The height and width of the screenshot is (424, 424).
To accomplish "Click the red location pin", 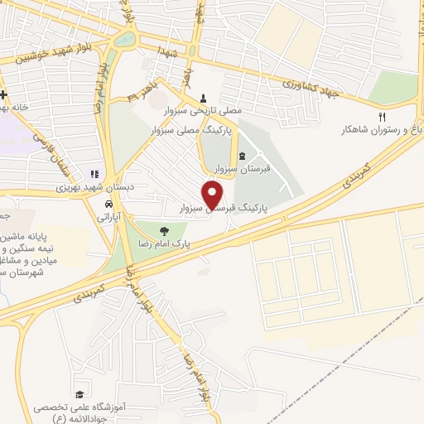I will point(214,195).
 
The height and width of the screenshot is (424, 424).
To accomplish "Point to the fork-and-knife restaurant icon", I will point(382,117).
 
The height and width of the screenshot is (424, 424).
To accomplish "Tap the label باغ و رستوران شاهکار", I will point(381,130).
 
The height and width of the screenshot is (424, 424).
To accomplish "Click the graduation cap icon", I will point(79,394).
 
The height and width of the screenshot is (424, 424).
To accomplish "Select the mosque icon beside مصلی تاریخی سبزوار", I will point(203,98).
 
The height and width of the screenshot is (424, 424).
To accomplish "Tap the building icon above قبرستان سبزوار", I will point(241,156).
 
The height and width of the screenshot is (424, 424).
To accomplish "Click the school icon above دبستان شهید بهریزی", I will point(95,174).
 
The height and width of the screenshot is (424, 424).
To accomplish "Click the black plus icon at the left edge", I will point(4,94).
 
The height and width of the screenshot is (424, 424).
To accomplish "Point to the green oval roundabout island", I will point(124,38).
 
